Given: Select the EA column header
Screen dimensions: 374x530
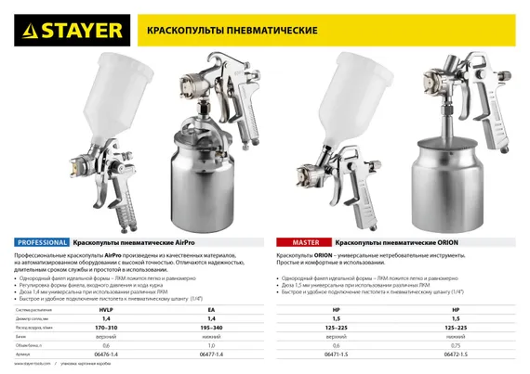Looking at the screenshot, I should [x=211, y=309].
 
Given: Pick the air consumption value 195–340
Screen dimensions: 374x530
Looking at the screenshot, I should [x=211, y=328].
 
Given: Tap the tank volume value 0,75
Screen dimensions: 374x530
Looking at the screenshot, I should [x=456, y=345].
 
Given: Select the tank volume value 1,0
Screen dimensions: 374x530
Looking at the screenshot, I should [x=211, y=345].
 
